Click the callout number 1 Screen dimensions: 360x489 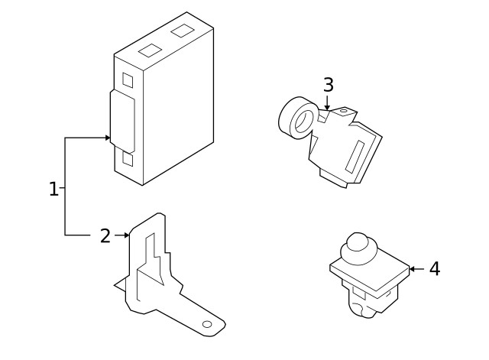point(53,189)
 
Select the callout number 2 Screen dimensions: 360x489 point(105,235)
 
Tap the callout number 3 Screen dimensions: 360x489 point(328,84)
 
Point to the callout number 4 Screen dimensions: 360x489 point(434,269)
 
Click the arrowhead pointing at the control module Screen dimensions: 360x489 point(108,138)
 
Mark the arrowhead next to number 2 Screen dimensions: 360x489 point(126,235)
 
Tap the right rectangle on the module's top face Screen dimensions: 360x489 point(182,31)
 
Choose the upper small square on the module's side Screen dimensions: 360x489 point(128,79)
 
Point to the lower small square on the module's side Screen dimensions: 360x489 point(128,161)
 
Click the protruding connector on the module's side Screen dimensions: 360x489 point(121,121)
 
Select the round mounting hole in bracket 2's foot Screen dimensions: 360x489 point(206,325)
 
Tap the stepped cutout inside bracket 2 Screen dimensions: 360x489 point(151,264)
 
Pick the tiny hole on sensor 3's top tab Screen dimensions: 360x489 point(342,112)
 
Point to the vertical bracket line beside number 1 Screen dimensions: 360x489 point(65,187)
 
